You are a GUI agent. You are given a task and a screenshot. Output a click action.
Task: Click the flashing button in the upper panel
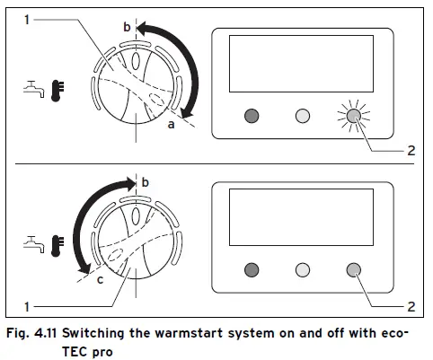tap(352, 117)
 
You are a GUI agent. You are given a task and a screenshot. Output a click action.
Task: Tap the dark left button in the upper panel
tap(252, 117)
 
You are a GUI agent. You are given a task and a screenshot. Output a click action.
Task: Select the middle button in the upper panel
tap(303, 117)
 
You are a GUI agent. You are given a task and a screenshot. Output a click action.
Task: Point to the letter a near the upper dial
tap(169, 126)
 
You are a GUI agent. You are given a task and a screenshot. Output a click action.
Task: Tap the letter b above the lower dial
tap(146, 184)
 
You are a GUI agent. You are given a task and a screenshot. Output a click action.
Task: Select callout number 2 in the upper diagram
tap(411, 150)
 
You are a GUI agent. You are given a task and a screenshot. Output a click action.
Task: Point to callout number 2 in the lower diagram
tap(411, 306)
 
